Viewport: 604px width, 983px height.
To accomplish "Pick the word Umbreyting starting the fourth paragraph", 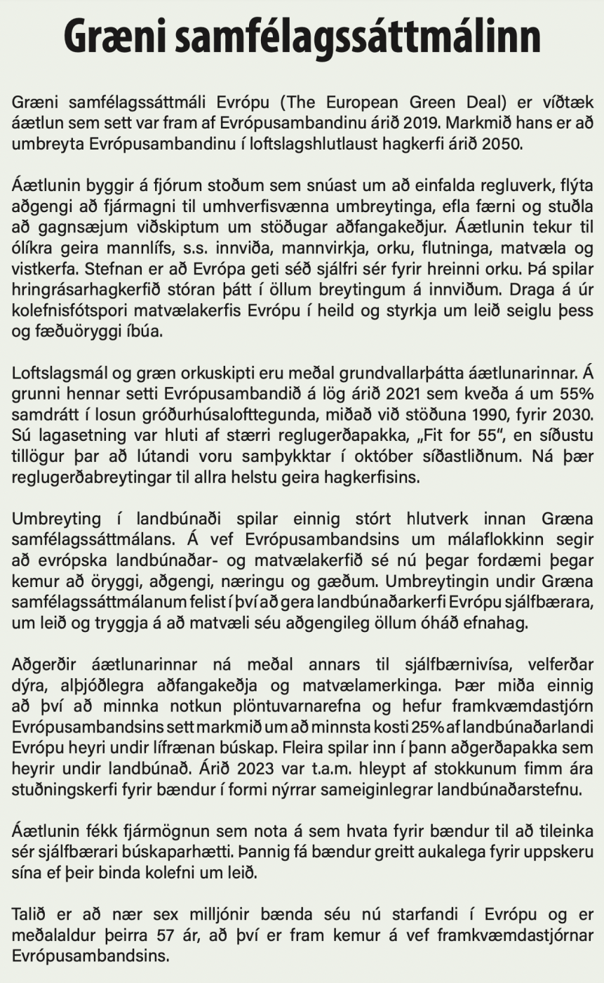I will [x=56, y=520].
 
